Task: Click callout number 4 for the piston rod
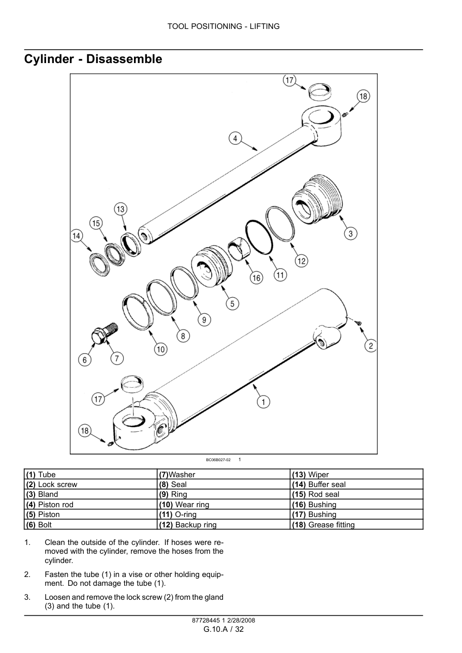235,138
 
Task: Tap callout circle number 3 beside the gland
350,234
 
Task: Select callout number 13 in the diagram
121,209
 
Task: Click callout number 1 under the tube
263,401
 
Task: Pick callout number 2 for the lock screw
370,346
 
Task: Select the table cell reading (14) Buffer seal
357,484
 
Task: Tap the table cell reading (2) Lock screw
91,484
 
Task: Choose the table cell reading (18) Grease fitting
357,525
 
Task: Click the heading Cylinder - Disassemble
93,59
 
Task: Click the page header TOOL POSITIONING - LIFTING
223,26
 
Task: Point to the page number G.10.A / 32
223,629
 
